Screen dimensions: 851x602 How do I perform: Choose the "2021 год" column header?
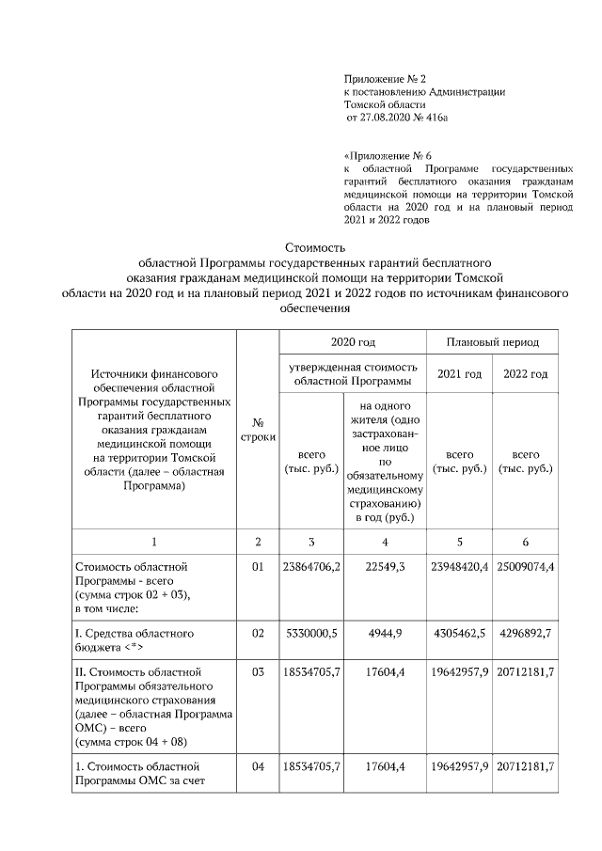pos(459,374)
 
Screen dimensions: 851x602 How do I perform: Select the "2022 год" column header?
pos(526,374)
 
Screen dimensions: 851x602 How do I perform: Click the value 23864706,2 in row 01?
pos(311,567)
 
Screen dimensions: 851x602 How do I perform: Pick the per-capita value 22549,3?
pos(385,567)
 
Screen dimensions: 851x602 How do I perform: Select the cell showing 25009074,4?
pos(526,567)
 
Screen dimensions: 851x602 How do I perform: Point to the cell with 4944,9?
pos(385,634)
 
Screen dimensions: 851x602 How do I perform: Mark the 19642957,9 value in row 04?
pos(459,767)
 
